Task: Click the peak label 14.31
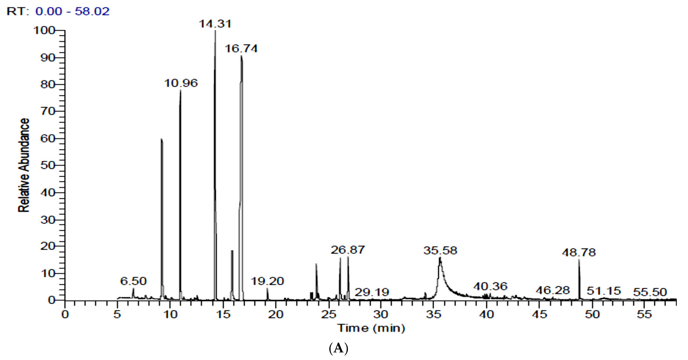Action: pyautogui.click(x=215, y=24)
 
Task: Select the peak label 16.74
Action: pyautogui.click(x=241, y=49)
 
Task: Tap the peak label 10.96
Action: pyautogui.click(x=181, y=83)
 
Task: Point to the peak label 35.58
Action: pyautogui.click(x=440, y=251)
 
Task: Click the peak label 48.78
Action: pyautogui.click(x=579, y=252)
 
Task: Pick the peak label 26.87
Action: pyautogui.click(x=347, y=250)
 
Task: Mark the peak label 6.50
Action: pyautogui.click(x=133, y=281)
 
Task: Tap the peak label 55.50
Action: pyautogui.click(x=650, y=292)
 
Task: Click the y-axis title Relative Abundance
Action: pyautogui.click(x=24, y=165)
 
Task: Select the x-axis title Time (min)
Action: pyautogui.click(x=371, y=328)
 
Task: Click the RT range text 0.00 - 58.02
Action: pyautogui.click(x=72, y=11)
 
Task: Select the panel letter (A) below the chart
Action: pyautogui.click(x=339, y=349)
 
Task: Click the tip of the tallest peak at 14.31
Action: pyautogui.click(x=215, y=31)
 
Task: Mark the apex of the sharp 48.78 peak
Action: pyautogui.click(x=579, y=259)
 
